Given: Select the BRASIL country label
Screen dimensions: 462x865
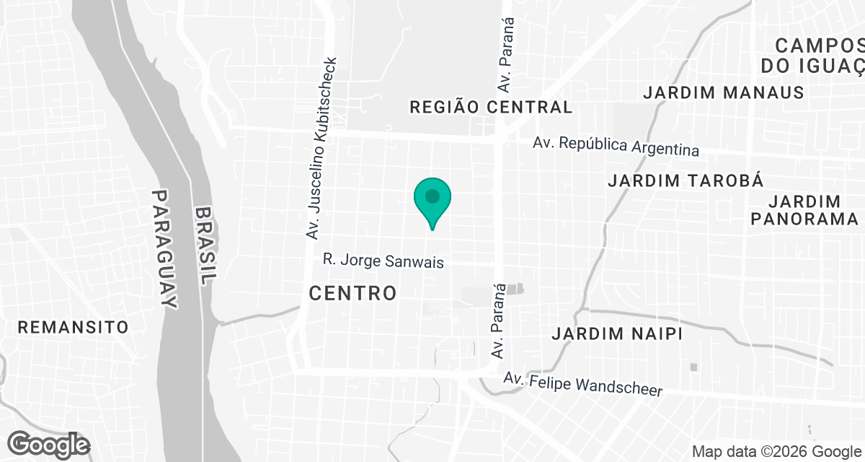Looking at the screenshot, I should pyautogui.click(x=207, y=248).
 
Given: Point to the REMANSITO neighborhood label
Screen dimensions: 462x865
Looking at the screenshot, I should pyautogui.click(x=73, y=327).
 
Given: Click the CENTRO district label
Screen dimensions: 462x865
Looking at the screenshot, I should pyautogui.click(x=352, y=293).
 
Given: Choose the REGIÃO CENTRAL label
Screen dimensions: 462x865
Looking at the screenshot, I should pyautogui.click(x=491, y=108).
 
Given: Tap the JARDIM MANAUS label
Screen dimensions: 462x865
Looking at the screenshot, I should pyautogui.click(x=723, y=92).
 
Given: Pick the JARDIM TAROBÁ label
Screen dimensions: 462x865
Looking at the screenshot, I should pyautogui.click(x=686, y=180).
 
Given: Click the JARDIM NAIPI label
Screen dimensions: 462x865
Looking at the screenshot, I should pyautogui.click(x=616, y=334).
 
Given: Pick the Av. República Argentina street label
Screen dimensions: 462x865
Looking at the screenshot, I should pyautogui.click(x=616, y=146).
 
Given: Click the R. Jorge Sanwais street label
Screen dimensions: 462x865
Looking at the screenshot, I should pyautogui.click(x=382, y=261).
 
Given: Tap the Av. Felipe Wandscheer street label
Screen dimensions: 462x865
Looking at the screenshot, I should pyautogui.click(x=582, y=383).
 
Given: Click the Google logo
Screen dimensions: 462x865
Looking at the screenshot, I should pyautogui.click(x=49, y=443).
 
